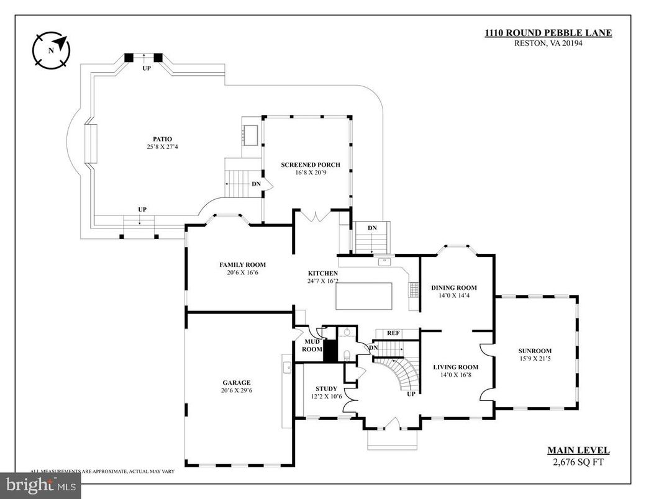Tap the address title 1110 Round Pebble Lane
click(x=548, y=33)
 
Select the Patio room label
click(x=163, y=138)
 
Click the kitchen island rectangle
click(x=364, y=296)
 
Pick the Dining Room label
click(x=453, y=287)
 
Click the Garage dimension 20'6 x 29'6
click(x=237, y=391)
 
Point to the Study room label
click(x=326, y=389)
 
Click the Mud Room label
click(x=312, y=345)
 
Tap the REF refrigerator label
click(x=393, y=333)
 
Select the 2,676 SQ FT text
click(x=578, y=461)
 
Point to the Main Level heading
click(x=578, y=451)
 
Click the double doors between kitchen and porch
click(x=316, y=215)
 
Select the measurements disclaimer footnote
click(x=102, y=471)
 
